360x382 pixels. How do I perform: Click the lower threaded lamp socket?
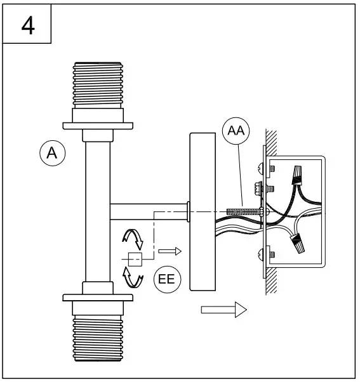point(98,338)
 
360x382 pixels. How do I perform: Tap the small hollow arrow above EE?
point(170,251)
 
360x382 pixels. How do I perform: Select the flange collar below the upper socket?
point(98,124)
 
